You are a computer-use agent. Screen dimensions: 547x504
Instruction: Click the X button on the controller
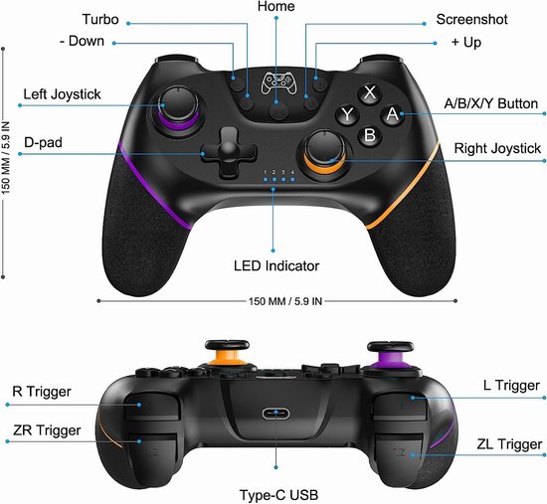click(x=369, y=93)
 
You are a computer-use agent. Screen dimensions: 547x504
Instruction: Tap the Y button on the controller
click(x=347, y=114)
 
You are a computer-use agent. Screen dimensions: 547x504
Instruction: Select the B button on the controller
click(x=370, y=135)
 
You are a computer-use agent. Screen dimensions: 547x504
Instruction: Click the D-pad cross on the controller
click(x=229, y=152)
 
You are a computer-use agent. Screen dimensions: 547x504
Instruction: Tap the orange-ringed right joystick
click(x=325, y=151)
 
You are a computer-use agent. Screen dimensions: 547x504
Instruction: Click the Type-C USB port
click(x=275, y=414)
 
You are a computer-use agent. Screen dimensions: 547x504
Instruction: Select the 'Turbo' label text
click(x=100, y=20)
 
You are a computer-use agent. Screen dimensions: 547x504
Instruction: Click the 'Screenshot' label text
click(x=471, y=20)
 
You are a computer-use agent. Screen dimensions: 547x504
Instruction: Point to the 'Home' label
click(x=275, y=6)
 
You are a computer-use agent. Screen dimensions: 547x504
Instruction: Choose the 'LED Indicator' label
click(x=276, y=265)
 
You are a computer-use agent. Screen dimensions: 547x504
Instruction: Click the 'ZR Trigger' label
click(x=47, y=430)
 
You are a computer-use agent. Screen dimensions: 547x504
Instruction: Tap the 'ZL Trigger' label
click(x=509, y=444)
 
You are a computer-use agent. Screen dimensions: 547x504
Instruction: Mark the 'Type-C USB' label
click(x=278, y=495)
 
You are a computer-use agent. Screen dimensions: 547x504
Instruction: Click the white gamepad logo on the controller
click(x=278, y=83)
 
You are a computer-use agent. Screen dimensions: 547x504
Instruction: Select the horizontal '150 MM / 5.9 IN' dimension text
click(x=285, y=301)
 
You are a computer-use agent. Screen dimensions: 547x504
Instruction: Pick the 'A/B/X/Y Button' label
click(x=491, y=104)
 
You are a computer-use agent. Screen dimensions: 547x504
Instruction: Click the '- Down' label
click(x=82, y=41)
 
